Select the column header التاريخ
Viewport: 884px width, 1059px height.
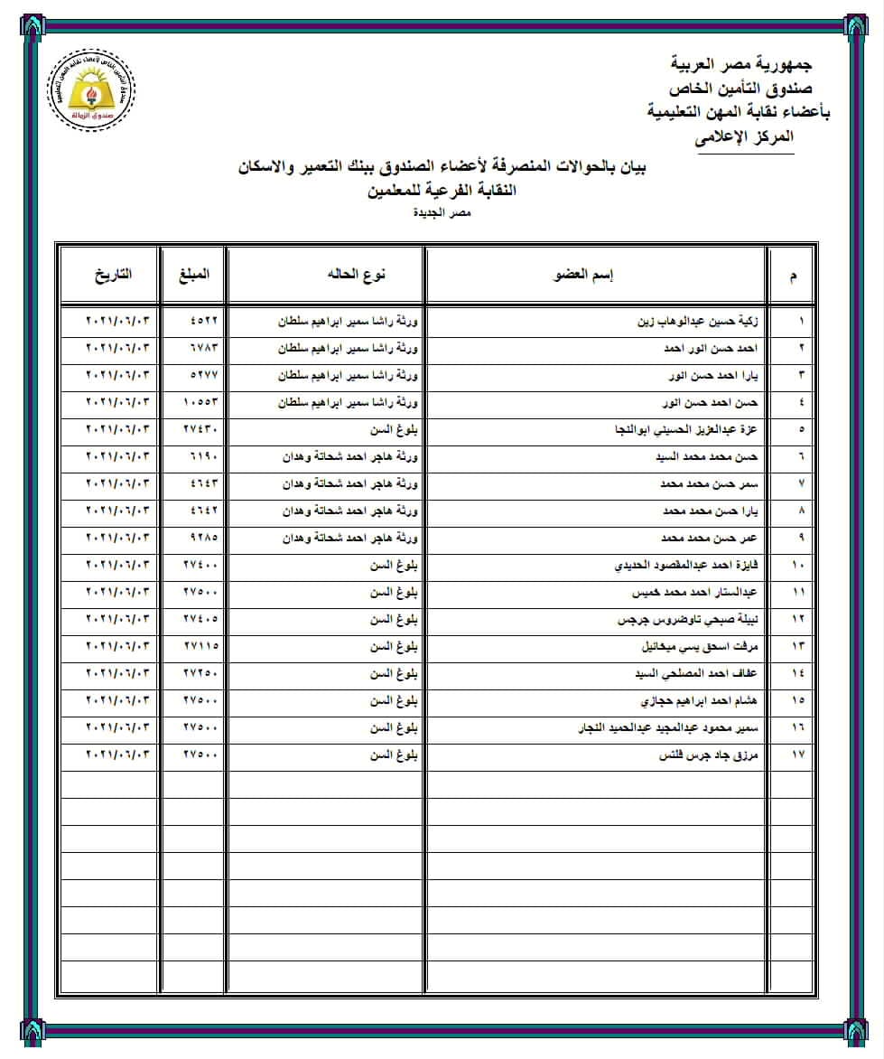(112, 273)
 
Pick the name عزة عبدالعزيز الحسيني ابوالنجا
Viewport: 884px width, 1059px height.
(687, 429)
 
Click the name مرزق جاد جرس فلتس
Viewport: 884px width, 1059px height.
(711, 755)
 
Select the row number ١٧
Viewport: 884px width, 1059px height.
(796, 755)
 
